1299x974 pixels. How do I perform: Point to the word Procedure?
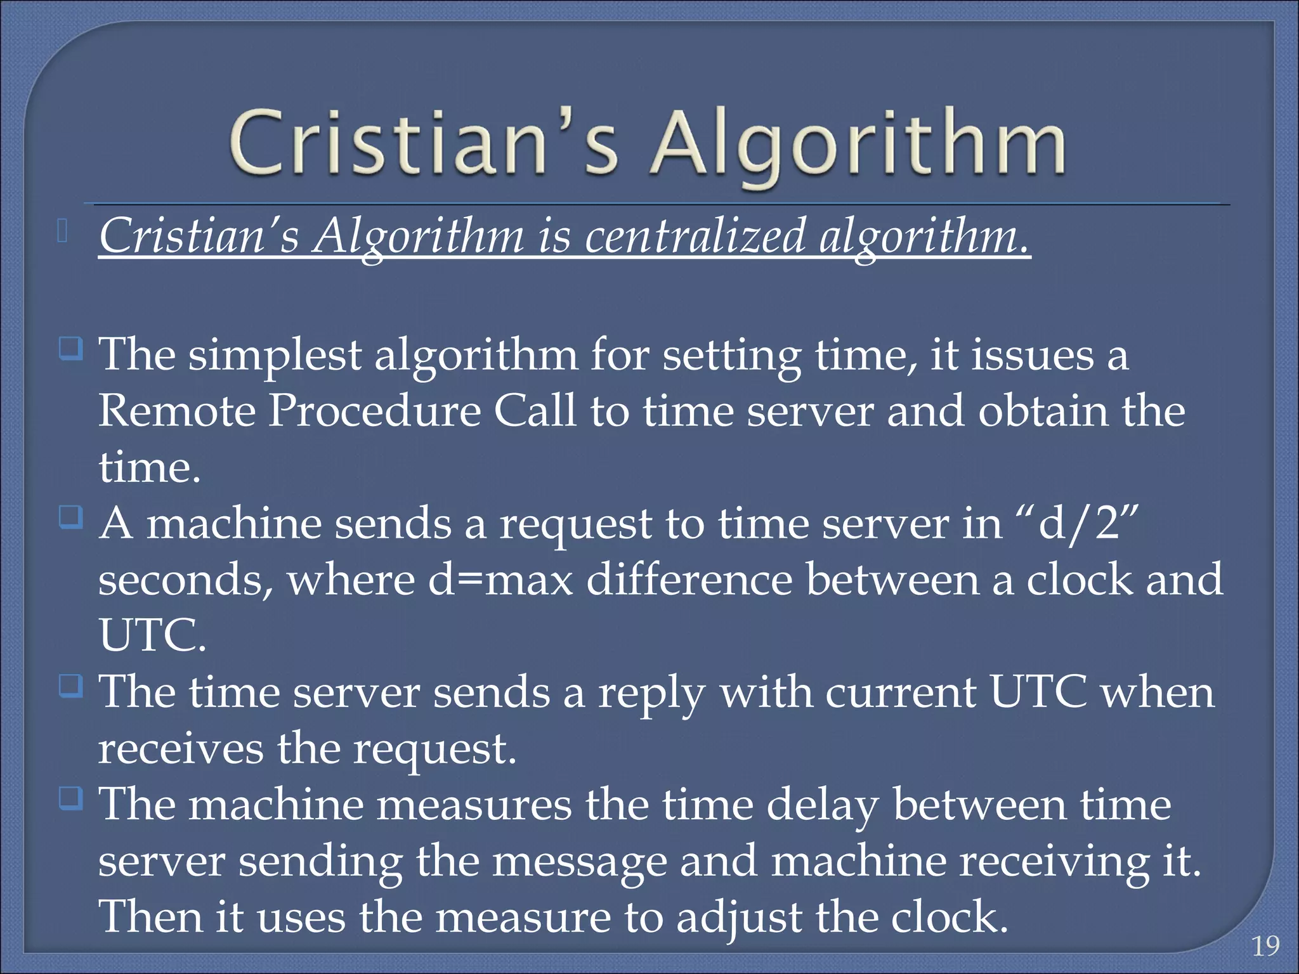pos(374,411)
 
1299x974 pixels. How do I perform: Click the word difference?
pos(689,580)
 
